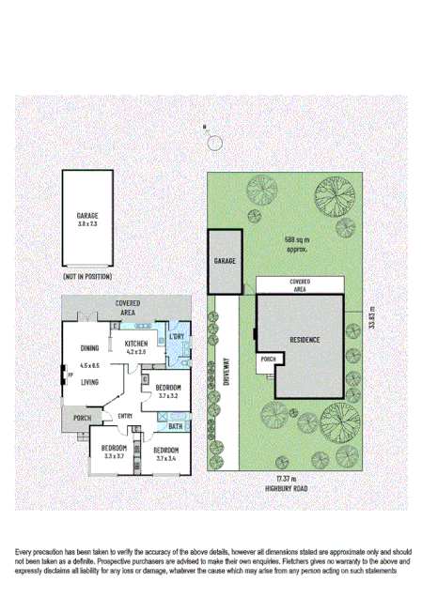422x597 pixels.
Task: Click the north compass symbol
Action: [215, 142]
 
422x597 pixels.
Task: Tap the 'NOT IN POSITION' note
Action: [87, 277]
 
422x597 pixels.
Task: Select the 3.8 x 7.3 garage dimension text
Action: [87, 224]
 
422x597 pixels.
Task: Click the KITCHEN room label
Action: [136, 344]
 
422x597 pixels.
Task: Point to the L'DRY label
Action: [176, 336]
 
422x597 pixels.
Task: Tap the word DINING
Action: [90, 345]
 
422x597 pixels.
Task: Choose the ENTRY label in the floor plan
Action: [126, 417]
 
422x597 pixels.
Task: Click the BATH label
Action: [175, 426]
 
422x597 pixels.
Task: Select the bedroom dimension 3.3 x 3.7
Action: [115, 457]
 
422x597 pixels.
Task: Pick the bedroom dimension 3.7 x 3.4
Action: [166, 458]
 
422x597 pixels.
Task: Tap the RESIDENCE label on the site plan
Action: [305, 340]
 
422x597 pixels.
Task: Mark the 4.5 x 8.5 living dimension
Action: [89, 364]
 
